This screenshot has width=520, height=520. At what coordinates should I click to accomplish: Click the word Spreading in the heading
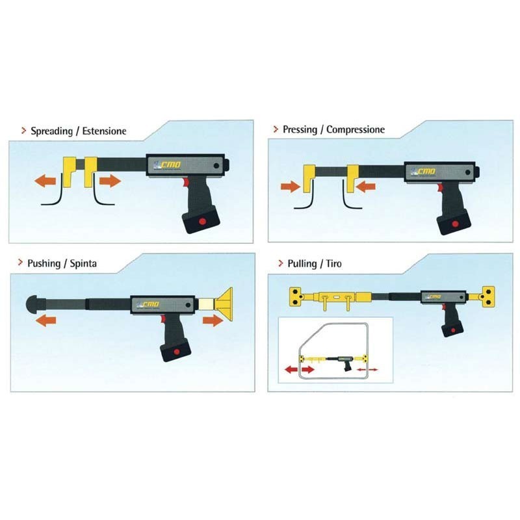pos(52,131)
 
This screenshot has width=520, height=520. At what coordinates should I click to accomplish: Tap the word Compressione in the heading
pos(356,129)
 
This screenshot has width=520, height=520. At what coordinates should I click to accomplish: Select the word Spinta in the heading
pos(83,264)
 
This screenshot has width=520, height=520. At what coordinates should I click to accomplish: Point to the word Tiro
pos(333,264)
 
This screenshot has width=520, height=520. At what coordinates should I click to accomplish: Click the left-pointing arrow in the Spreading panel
pos(45,181)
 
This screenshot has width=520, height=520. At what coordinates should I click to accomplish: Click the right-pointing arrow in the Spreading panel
pos(110,181)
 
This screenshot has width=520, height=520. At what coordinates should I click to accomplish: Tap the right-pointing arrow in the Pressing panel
pos(291,187)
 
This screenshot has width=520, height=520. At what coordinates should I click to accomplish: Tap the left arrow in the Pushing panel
pos(45,320)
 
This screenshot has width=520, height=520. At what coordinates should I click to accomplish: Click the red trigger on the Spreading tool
pos(185,182)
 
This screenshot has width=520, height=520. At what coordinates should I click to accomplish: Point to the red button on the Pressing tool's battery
pos(456,224)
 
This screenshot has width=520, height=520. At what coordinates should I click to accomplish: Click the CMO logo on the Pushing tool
pos(148,305)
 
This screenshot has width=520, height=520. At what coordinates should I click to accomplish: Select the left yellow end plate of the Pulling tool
pos(297,296)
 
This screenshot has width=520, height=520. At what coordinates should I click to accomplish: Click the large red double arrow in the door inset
pos(300,369)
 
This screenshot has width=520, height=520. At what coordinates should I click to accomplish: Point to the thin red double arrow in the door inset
pos(367,369)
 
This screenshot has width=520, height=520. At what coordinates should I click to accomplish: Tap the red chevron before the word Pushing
pos(21,263)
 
